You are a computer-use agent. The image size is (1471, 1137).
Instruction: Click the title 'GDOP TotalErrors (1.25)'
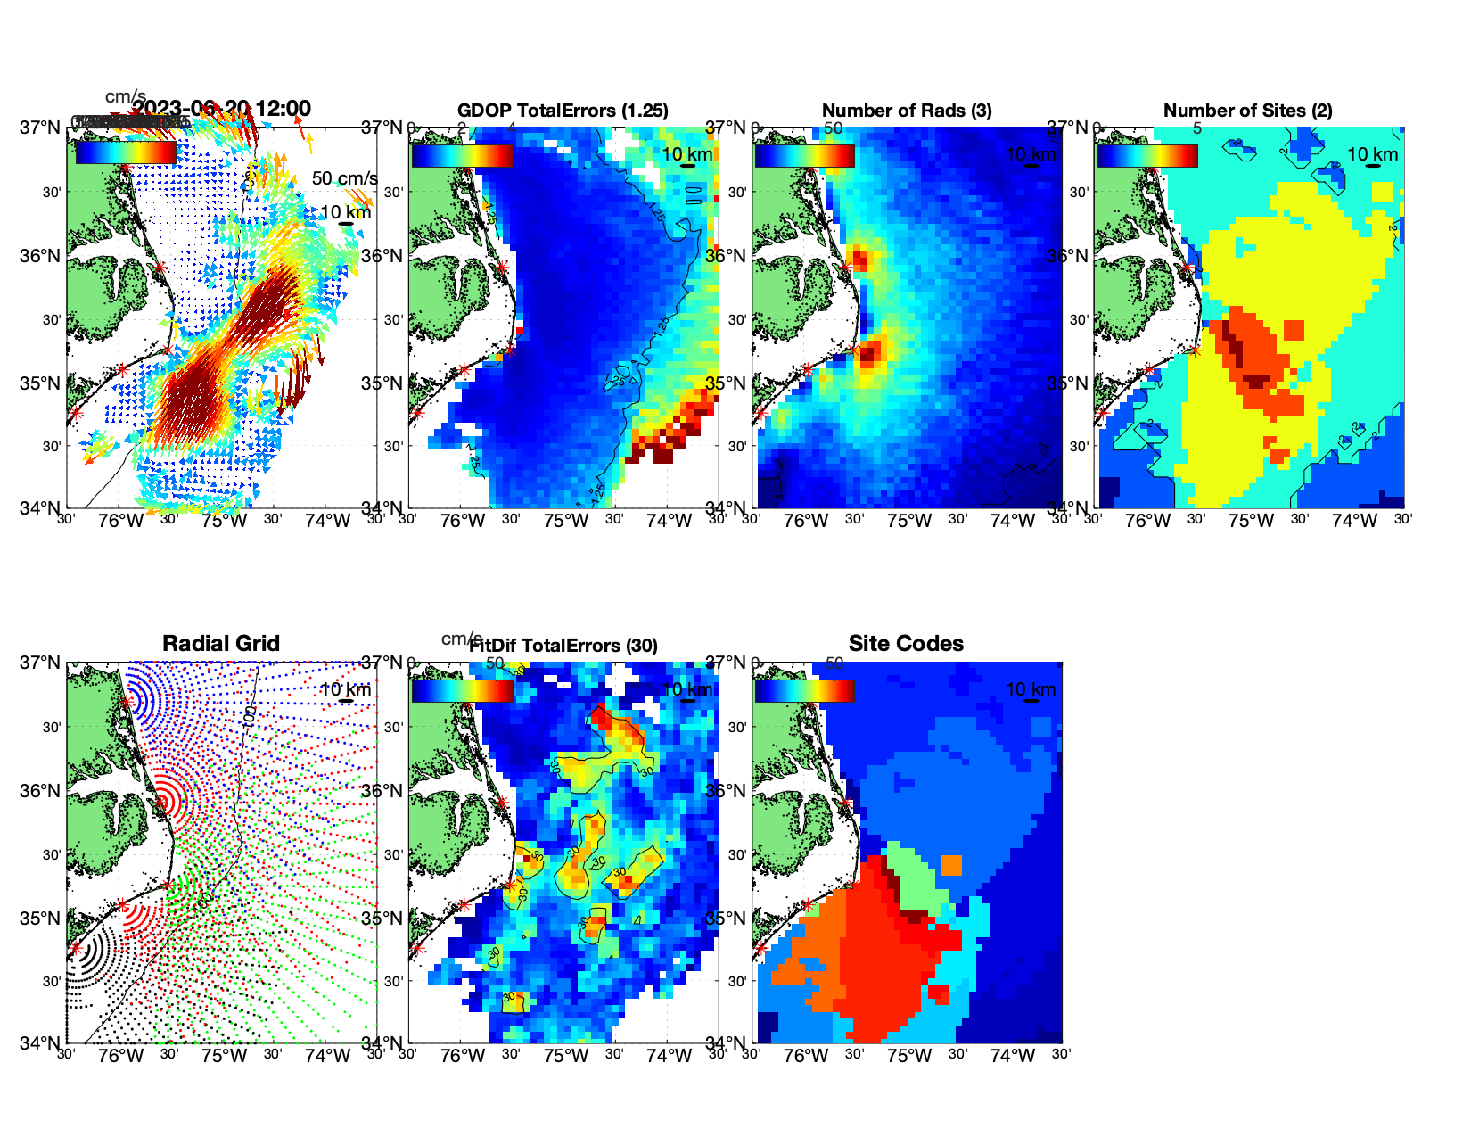(563, 111)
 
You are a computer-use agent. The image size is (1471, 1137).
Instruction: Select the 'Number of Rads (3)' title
(907, 111)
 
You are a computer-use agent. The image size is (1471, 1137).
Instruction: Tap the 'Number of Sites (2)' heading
(1247, 111)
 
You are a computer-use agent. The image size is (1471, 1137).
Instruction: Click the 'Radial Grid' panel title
(221, 644)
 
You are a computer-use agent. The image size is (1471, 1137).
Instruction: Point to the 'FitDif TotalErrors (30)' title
(563, 646)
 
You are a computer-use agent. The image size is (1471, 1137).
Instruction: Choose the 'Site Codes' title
(906, 644)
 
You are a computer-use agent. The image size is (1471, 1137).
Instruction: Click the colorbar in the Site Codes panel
(804, 691)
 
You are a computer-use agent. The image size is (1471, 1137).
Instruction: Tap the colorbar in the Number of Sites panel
(1147, 155)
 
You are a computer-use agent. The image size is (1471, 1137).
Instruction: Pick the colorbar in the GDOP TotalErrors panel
(463, 155)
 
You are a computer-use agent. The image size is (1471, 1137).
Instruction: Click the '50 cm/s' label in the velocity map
(344, 178)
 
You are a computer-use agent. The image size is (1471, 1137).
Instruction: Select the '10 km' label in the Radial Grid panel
(345, 689)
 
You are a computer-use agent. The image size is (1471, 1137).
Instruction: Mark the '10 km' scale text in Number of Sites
(1372, 154)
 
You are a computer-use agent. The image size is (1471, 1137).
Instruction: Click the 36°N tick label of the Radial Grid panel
(41, 791)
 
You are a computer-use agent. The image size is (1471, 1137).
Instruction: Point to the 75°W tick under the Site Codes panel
(908, 1057)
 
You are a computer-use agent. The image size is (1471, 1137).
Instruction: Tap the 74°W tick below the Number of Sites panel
(1354, 522)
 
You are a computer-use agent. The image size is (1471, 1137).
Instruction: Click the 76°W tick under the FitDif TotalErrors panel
(463, 1057)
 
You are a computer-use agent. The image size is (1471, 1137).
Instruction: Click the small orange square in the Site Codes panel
(952, 865)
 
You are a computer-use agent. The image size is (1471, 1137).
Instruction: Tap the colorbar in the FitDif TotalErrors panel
(463, 691)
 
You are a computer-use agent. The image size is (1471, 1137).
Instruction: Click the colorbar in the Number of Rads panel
(804, 155)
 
